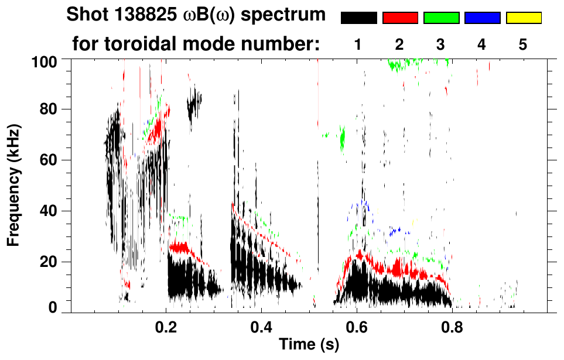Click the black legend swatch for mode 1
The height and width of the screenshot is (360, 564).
point(358,18)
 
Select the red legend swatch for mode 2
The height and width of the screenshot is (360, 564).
point(400,18)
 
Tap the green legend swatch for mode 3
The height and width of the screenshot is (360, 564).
point(441,18)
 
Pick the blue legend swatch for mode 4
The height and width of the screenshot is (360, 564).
point(482,18)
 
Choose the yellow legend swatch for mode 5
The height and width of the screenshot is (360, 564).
point(524,18)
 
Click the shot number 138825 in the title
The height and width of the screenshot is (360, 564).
point(142,15)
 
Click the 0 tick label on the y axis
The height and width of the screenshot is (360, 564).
point(54,307)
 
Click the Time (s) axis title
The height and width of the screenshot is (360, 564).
point(309,345)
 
